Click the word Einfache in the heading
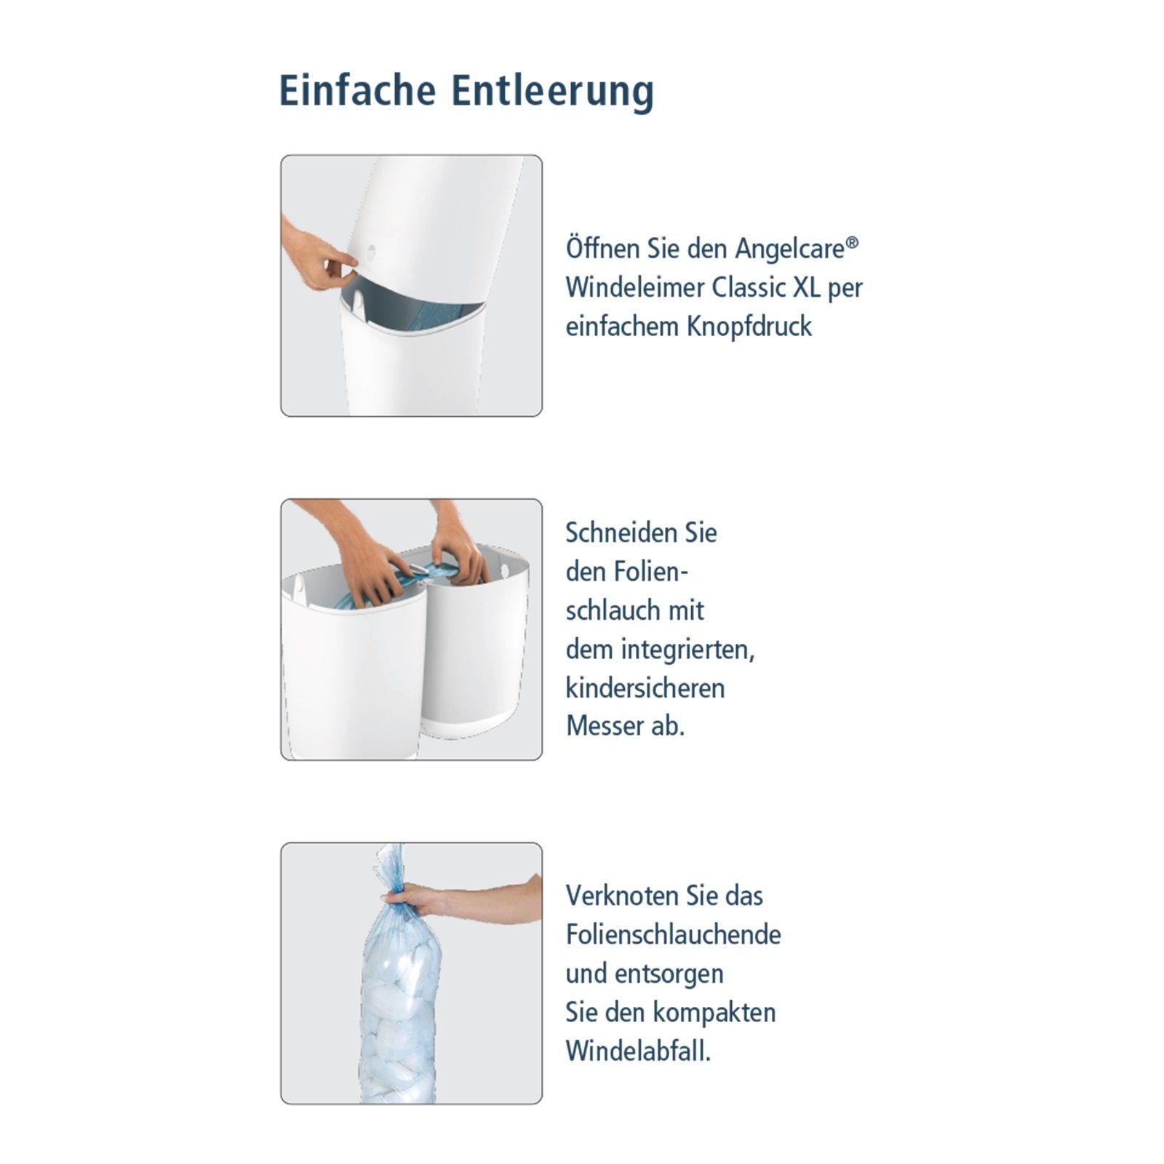(357, 91)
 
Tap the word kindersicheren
(645, 688)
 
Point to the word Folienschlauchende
(673, 935)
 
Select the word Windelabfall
(637, 1051)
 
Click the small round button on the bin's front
(372, 251)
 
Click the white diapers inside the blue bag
(399, 1018)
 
